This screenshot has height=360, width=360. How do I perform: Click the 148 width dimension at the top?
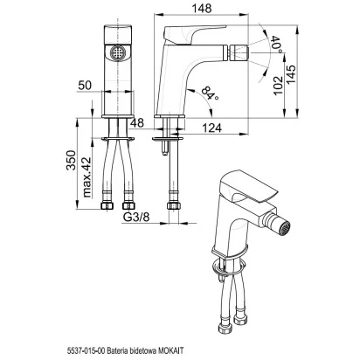pos(201,8)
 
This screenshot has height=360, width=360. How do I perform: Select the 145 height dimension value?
pos(291,74)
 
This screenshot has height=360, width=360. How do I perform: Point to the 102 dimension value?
pos(278,85)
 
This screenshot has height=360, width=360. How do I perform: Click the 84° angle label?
pos(210,93)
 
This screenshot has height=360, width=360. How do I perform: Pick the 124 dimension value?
pos(211,128)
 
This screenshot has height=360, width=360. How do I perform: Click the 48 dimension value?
pos(137,123)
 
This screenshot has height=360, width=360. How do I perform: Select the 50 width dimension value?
pos(85,86)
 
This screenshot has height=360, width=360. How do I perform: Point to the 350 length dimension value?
pos(72,160)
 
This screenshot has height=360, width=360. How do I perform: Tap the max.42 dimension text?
pos(87,177)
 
